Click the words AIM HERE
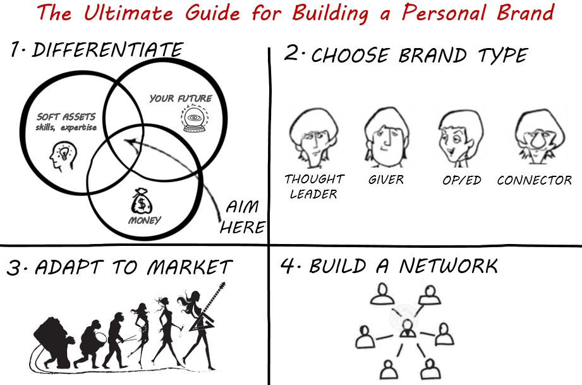point(242,217)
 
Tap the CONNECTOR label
point(534,181)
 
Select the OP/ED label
point(462,181)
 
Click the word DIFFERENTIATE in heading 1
point(107,51)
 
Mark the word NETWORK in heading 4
point(448,266)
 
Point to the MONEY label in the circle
point(145,220)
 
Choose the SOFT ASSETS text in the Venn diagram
point(66,117)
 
